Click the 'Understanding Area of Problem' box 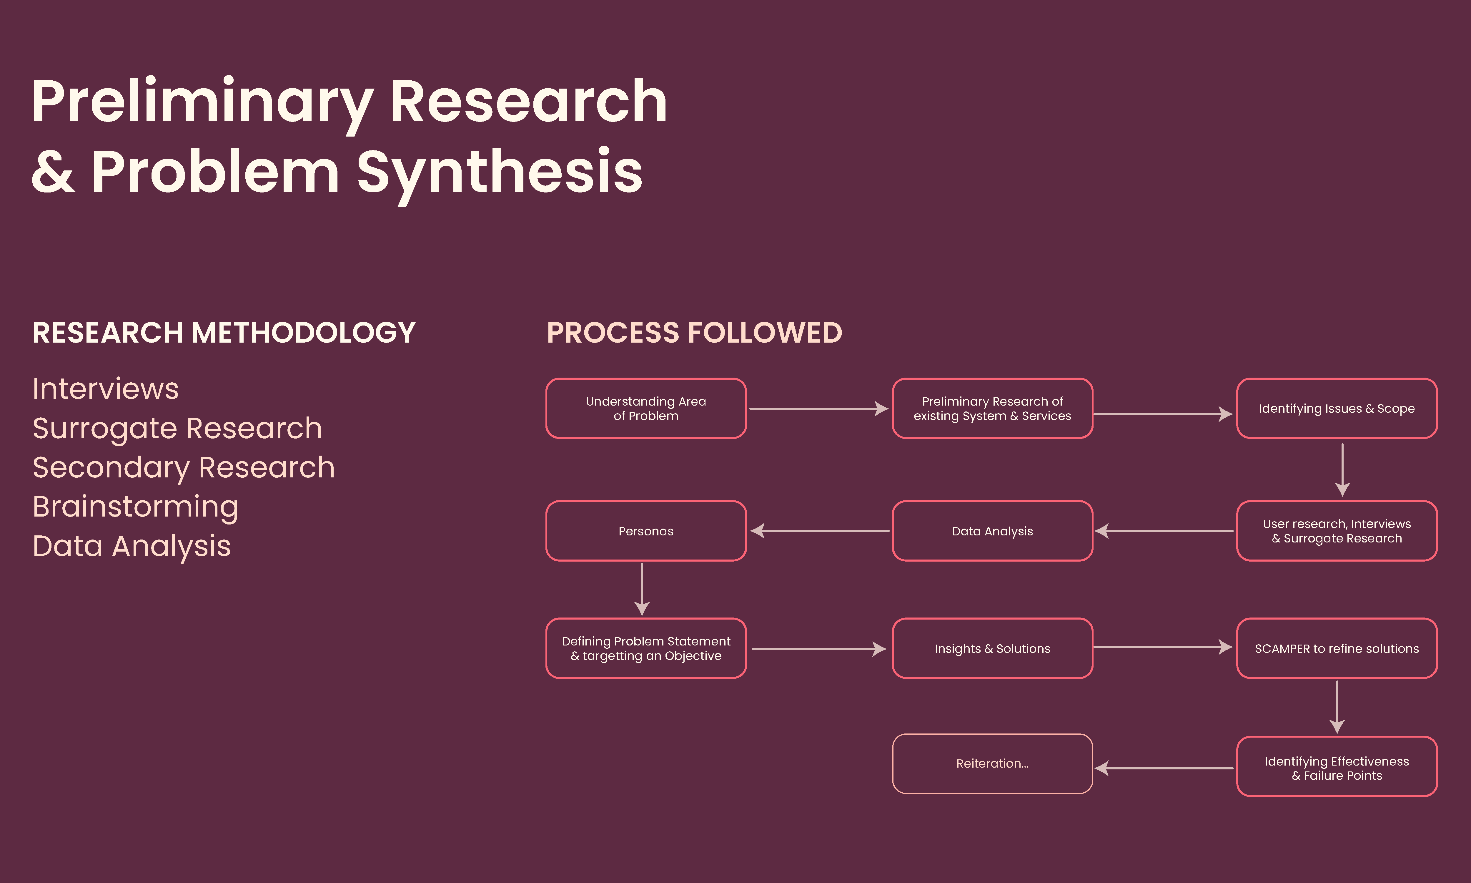click(x=646, y=409)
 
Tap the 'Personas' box click(x=646, y=531)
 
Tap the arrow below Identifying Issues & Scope click(x=1342, y=470)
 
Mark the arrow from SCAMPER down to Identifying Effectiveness click(x=1337, y=707)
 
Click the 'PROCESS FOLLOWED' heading click(x=694, y=333)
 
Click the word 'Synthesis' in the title click(x=500, y=172)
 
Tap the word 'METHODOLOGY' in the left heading click(x=303, y=333)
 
